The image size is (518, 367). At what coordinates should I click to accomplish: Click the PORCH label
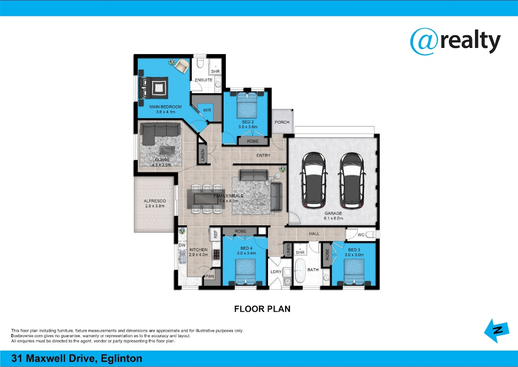pyautogui.click(x=282, y=122)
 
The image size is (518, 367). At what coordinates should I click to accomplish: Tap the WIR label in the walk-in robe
pyautogui.click(x=207, y=110)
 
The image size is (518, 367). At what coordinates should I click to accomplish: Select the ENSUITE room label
pyautogui.click(x=203, y=80)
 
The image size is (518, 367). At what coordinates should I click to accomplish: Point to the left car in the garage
pyautogui.click(x=314, y=180)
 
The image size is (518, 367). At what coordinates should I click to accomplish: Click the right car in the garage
pyautogui.click(x=352, y=180)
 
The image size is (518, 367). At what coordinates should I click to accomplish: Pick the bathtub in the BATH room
pyautogui.click(x=300, y=270)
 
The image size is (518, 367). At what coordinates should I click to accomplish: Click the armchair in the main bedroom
pyautogui.click(x=182, y=66)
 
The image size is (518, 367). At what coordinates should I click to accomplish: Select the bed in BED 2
pyautogui.click(x=247, y=106)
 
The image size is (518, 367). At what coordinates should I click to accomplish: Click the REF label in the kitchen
pyautogui.click(x=215, y=234)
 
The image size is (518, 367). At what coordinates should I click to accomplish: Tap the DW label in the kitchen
pyautogui.click(x=182, y=245)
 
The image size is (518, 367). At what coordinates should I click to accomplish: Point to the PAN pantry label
pyautogui.click(x=210, y=276)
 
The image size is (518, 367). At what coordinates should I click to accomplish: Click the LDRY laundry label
pyautogui.click(x=276, y=272)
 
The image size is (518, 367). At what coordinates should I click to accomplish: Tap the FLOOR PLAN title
pyautogui.click(x=262, y=309)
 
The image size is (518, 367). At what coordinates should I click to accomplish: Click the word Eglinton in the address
pyautogui.click(x=122, y=359)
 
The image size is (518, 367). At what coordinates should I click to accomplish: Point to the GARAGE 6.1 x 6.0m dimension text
pyautogui.click(x=333, y=216)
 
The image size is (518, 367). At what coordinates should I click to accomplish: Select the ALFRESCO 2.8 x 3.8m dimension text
pyautogui.click(x=155, y=203)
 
